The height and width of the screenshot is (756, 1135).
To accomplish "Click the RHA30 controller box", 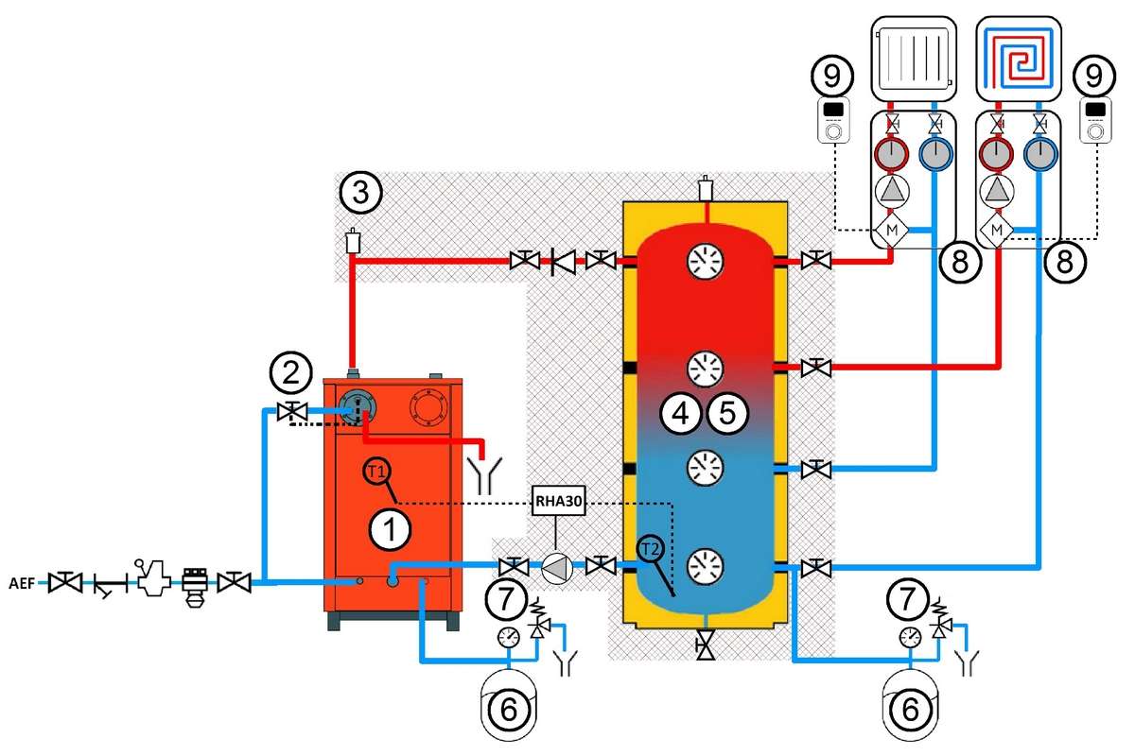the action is click(558, 501).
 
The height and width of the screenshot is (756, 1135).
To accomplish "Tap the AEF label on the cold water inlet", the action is click(22, 583).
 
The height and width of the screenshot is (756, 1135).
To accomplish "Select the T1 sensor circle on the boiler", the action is click(376, 472).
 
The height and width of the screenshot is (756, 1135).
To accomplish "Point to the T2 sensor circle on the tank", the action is click(651, 549).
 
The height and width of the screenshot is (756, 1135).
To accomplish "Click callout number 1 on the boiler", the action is click(390, 530).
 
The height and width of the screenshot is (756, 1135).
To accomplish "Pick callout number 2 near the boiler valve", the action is click(291, 373).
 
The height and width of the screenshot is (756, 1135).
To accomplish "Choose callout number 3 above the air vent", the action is click(360, 193).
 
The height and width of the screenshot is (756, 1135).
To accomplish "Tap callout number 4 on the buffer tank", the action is click(680, 413).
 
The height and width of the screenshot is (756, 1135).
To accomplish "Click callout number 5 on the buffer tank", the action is click(727, 413).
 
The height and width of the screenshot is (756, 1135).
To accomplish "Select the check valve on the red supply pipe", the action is click(563, 262).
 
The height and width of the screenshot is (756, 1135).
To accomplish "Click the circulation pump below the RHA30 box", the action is click(557, 569).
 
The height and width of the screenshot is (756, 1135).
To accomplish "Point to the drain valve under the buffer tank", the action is click(706, 645).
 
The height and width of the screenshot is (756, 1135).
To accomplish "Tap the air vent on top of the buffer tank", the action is click(706, 188).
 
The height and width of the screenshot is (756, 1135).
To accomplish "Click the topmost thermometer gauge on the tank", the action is click(705, 261).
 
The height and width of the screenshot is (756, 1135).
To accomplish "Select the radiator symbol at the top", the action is click(914, 59).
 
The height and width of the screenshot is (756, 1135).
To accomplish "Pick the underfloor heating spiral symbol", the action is click(1019, 59).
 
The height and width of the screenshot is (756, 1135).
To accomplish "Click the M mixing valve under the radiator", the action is click(891, 230).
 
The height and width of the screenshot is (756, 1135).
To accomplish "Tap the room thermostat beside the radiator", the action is click(834, 121).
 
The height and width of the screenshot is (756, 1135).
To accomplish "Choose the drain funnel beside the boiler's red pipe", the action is click(484, 476).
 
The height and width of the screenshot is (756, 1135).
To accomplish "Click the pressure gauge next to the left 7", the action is click(508, 637).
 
